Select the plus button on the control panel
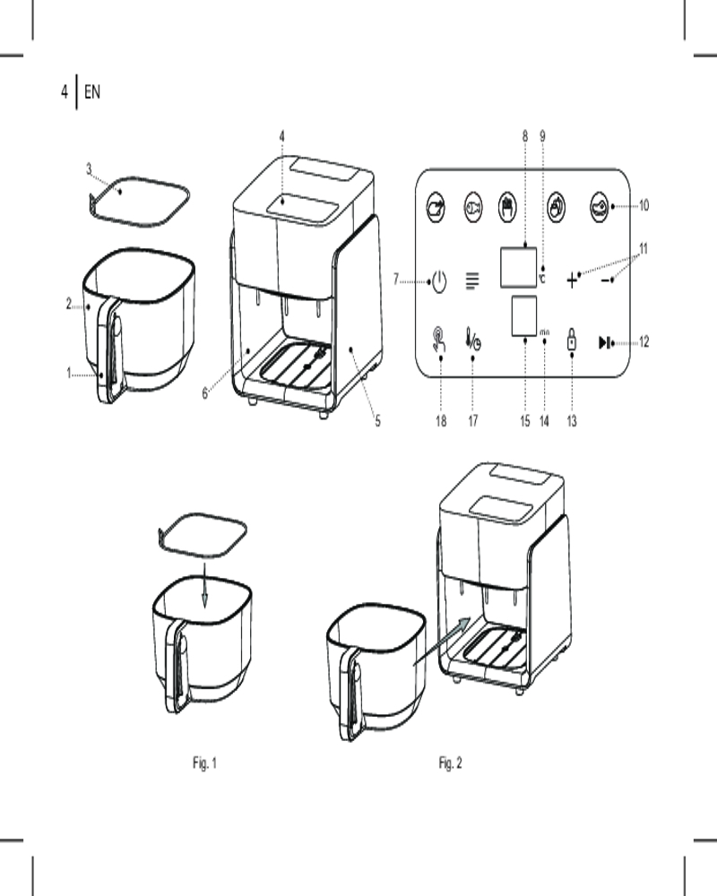[x=574, y=280]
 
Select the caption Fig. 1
[x=204, y=763]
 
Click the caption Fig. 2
[x=450, y=763]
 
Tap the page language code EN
[x=91, y=91]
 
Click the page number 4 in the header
[x=65, y=91]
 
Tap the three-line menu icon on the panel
[x=472, y=281]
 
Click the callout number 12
[x=644, y=341]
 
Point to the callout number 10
[x=644, y=205]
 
